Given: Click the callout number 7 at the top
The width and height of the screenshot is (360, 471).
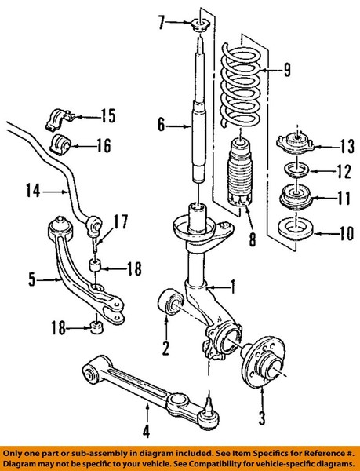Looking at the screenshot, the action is (x=162, y=23).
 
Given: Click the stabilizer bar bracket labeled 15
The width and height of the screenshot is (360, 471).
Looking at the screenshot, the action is (x=59, y=119).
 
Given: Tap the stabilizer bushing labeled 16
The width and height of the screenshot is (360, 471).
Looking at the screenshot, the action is (x=59, y=145).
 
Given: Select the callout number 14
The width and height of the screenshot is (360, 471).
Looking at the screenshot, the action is (x=33, y=191).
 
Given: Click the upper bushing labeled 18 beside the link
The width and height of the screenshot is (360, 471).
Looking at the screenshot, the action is (x=96, y=265).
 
